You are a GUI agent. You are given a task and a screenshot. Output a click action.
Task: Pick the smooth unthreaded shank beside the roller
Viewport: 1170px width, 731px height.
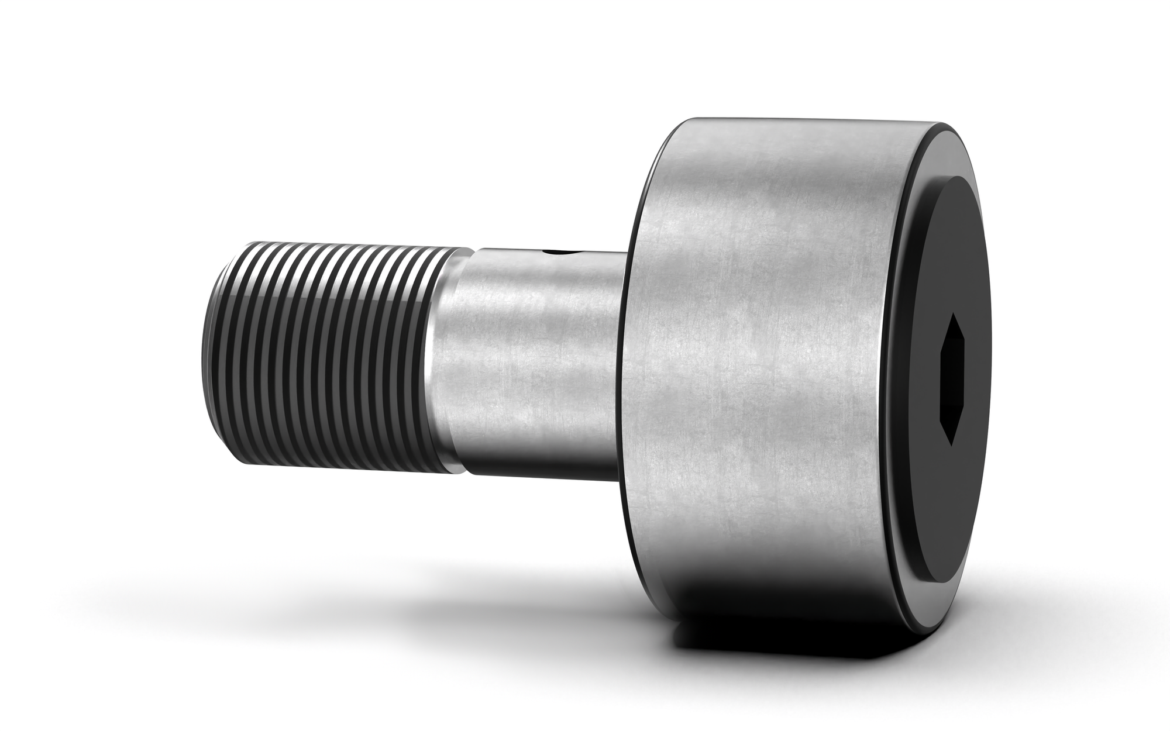[x=538, y=363]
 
